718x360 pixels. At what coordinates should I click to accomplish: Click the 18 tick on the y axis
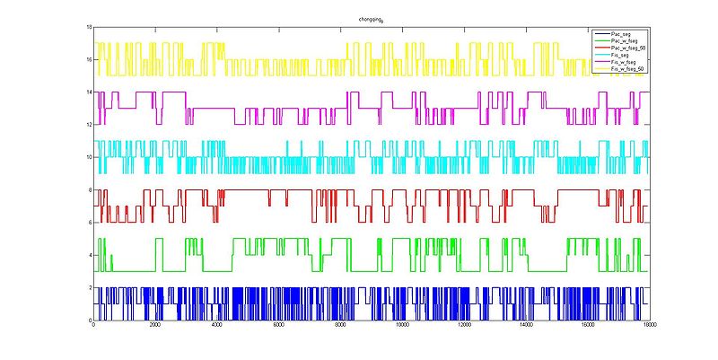point(89,28)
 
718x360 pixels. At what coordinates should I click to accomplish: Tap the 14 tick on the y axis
point(89,92)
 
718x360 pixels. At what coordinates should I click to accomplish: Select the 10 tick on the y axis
point(89,158)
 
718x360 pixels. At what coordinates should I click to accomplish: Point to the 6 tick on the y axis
point(90,223)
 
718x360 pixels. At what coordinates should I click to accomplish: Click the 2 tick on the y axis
point(90,288)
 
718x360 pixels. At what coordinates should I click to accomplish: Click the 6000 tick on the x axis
point(278,326)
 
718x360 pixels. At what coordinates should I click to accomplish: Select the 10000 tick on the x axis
point(401,326)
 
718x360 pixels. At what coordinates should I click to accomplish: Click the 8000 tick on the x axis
point(339,326)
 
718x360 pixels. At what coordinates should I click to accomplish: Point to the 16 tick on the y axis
point(89,60)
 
